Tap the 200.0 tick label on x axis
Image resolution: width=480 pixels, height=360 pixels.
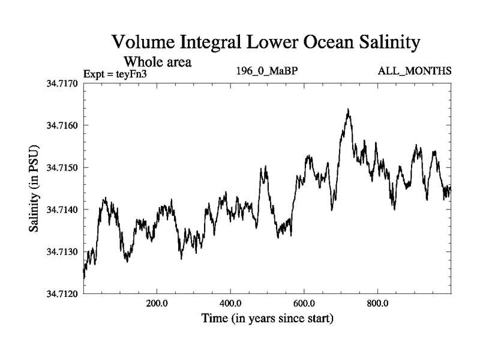click(157, 302)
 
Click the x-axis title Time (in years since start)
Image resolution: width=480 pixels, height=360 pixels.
click(267, 318)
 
